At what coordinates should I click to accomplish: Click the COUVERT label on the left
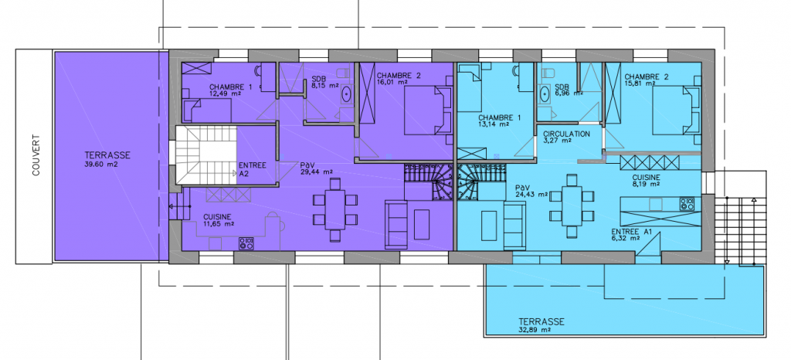click(36, 155)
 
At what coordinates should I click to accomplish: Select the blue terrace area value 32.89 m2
click(533, 330)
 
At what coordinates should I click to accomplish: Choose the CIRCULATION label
click(566, 134)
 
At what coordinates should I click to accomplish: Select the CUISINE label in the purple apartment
click(218, 216)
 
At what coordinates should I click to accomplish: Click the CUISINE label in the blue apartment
click(647, 178)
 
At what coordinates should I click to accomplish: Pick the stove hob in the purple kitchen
click(246, 243)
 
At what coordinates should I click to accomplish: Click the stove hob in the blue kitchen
click(687, 203)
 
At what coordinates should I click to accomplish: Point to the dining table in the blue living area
click(572, 205)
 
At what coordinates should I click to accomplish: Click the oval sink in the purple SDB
click(347, 94)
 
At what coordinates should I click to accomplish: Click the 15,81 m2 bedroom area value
click(639, 83)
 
